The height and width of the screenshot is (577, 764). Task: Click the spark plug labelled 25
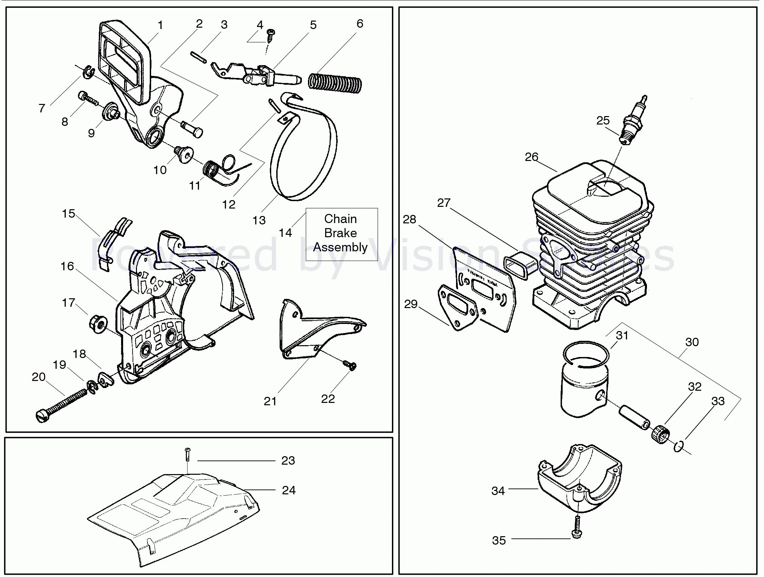pos(633,120)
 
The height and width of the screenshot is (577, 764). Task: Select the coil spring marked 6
pos(335,83)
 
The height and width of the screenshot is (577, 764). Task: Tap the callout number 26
pos(531,157)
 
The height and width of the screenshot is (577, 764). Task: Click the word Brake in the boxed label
pos(340,233)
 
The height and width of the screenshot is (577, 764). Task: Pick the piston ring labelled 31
pos(586,353)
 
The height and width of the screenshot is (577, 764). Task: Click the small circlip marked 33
pos(678,446)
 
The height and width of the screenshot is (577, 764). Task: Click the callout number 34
pos(498,491)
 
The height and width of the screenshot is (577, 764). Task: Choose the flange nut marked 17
pos(98,324)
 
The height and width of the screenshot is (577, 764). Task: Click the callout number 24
pos(289,490)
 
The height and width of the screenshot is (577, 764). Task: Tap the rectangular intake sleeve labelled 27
pos(521,265)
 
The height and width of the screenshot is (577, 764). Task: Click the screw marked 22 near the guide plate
pos(349,365)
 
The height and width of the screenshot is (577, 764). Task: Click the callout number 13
pos(259,220)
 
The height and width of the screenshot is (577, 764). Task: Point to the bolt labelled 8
pos(87,98)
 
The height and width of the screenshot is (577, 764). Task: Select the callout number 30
pos(692,342)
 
